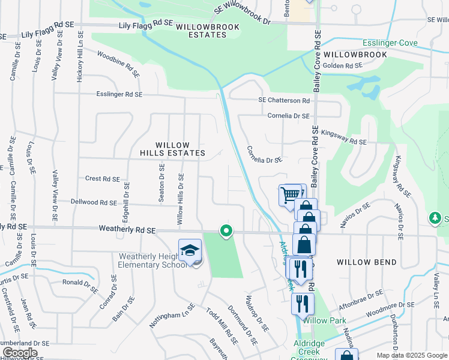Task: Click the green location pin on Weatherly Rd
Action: (226, 230)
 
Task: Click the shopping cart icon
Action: (290, 194)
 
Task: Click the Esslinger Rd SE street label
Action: (120, 94)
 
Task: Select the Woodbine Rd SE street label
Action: (119, 65)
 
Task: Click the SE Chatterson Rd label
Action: (284, 100)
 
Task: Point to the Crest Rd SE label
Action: (103, 178)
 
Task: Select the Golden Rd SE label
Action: (343, 65)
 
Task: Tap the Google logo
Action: (19, 353)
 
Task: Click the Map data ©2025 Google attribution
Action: (411, 355)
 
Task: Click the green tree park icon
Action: (435, 217)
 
